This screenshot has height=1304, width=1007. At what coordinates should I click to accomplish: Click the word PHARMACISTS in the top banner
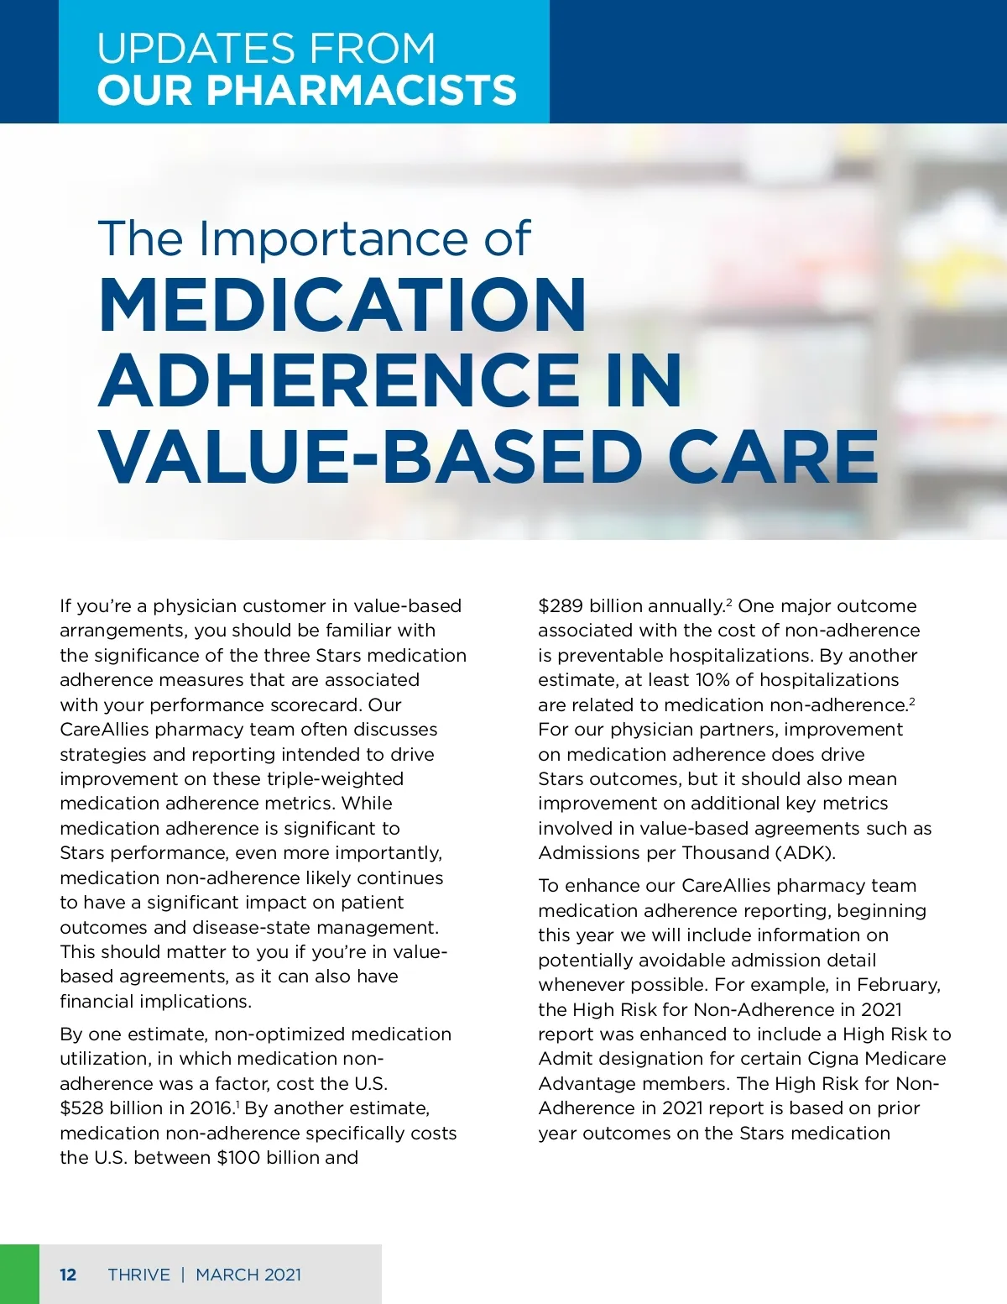(x=361, y=91)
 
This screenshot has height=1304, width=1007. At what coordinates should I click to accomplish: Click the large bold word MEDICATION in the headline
(x=342, y=306)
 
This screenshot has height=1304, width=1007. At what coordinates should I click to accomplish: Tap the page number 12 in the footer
(x=68, y=1275)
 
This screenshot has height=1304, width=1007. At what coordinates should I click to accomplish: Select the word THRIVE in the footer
(x=138, y=1275)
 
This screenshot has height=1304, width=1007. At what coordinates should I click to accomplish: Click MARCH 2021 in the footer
(x=248, y=1275)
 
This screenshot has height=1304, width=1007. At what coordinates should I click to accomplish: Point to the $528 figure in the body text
(x=81, y=1108)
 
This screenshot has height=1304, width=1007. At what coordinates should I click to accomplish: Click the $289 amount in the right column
(x=561, y=606)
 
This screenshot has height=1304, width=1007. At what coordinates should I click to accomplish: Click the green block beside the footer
(x=19, y=1274)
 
